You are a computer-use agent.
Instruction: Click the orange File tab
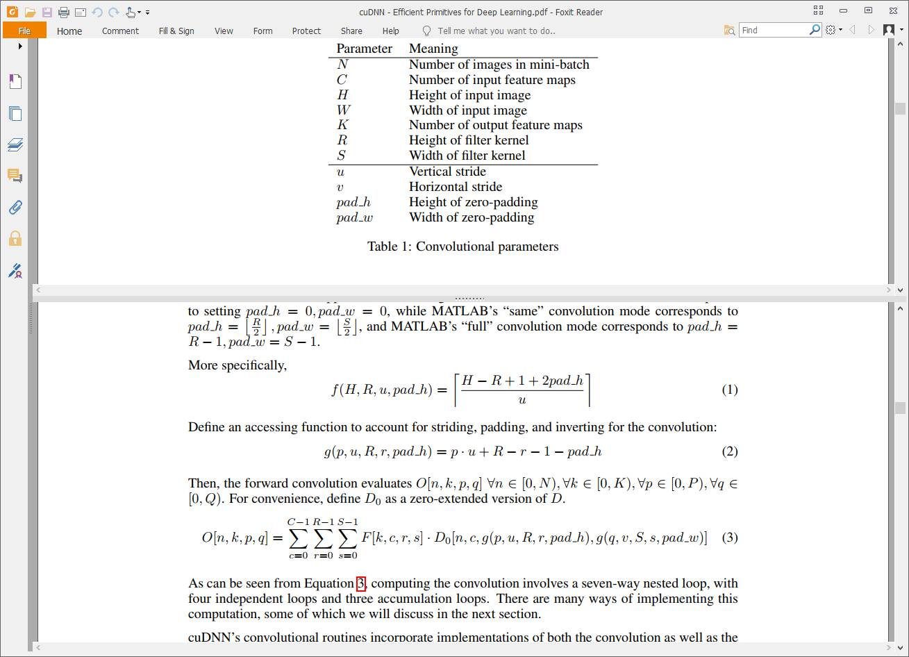(x=24, y=31)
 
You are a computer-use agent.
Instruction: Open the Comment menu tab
(x=120, y=31)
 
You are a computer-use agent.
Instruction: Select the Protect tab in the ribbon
(x=306, y=31)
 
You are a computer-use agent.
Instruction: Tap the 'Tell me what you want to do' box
(x=496, y=31)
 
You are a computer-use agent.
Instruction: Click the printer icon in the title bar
(x=64, y=12)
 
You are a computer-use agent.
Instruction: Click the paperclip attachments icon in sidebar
(x=15, y=207)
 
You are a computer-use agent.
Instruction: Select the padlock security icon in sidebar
(x=15, y=239)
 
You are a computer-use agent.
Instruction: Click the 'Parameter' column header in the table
(x=365, y=49)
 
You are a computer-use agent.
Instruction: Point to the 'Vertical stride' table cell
(x=447, y=172)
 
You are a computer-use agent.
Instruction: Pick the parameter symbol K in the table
(x=342, y=125)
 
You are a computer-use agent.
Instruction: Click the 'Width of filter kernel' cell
(x=467, y=156)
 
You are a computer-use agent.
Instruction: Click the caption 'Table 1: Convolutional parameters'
(x=462, y=247)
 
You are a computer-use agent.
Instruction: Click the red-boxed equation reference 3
(x=360, y=583)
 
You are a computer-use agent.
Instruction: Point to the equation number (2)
(x=729, y=451)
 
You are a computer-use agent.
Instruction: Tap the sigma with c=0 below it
(x=298, y=538)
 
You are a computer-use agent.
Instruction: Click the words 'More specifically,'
(x=237, y=365)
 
